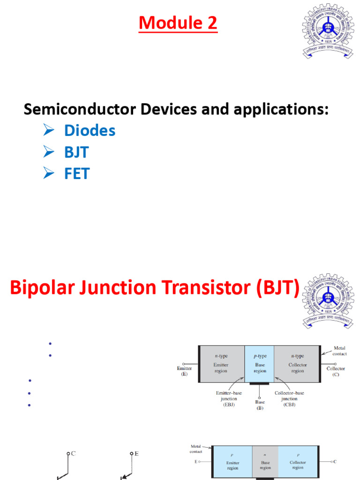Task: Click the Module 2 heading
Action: tap(178, 22)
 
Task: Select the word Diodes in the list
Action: tap(90, 131)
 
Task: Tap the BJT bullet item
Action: tap(76, 152)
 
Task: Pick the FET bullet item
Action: tap(76, 174)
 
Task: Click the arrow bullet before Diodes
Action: tap(49, 131)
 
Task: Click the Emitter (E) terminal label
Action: tap(184, 371)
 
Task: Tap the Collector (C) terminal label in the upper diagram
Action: tap(336, 371)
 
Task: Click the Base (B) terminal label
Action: tap(260, 405)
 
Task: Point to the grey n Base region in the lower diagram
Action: tap(265, 461)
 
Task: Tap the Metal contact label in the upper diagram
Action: tap(339, 351)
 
